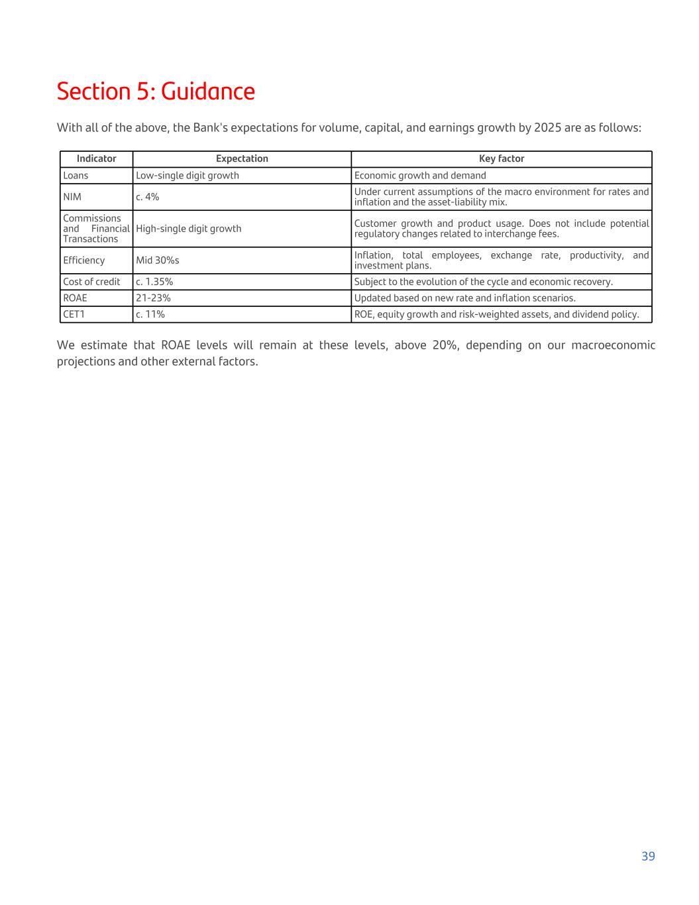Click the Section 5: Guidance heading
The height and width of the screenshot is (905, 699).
click(x=156, y=91)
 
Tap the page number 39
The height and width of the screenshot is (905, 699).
click(x=648, y=856)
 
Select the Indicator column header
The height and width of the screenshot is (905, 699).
click(x=96, y=158)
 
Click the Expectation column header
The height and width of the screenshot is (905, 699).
click(x=242, y=158)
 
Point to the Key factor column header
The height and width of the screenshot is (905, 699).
click(x=501, y=158)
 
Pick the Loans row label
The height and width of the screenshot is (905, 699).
click(x=76, y=176)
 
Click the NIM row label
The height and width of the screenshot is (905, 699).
click(x=72, y=197)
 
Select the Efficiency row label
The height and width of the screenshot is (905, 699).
click(x=83, y=261)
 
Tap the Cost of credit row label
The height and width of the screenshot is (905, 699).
click(x=91, y=282)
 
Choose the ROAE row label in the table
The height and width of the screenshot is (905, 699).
click(x=75, y=298)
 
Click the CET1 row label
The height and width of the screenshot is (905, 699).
click(x=74, y=314)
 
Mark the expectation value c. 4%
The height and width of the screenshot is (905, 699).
click(x=147, y=197)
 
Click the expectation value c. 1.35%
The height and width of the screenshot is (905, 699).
click(x=154, y=282)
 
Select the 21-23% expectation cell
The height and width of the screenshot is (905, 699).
click(x=153, y=298)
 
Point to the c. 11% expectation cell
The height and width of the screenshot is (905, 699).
click(x=150, y=314)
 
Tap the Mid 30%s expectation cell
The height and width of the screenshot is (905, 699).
click(x=158, y=261)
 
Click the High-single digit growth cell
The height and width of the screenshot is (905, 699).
click(x=189, y=229)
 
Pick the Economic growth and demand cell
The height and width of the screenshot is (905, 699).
click(x=420, y=176)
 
